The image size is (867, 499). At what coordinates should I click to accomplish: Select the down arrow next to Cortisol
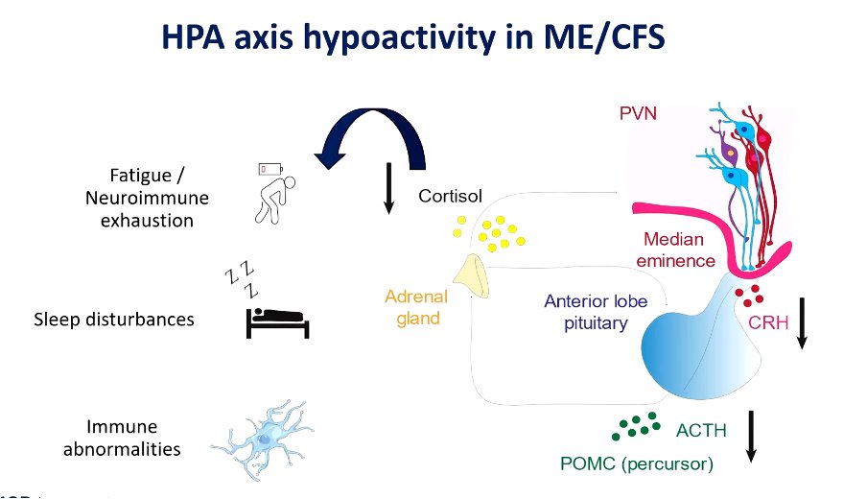click(388, 188)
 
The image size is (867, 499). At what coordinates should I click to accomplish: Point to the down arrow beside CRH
click(803, 321)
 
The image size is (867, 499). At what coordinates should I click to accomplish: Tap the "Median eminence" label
click(680, 249)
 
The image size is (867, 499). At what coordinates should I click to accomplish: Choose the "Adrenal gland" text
click(416, 307)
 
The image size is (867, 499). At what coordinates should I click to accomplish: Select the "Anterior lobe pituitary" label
click(596, 312)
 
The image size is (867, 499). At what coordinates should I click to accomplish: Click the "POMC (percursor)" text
click(637, 464)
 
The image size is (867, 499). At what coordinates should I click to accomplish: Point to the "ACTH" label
click(701, 431)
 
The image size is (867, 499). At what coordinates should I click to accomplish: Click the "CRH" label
click(769, 322)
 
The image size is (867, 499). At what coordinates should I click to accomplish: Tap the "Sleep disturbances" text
click(114, 319)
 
